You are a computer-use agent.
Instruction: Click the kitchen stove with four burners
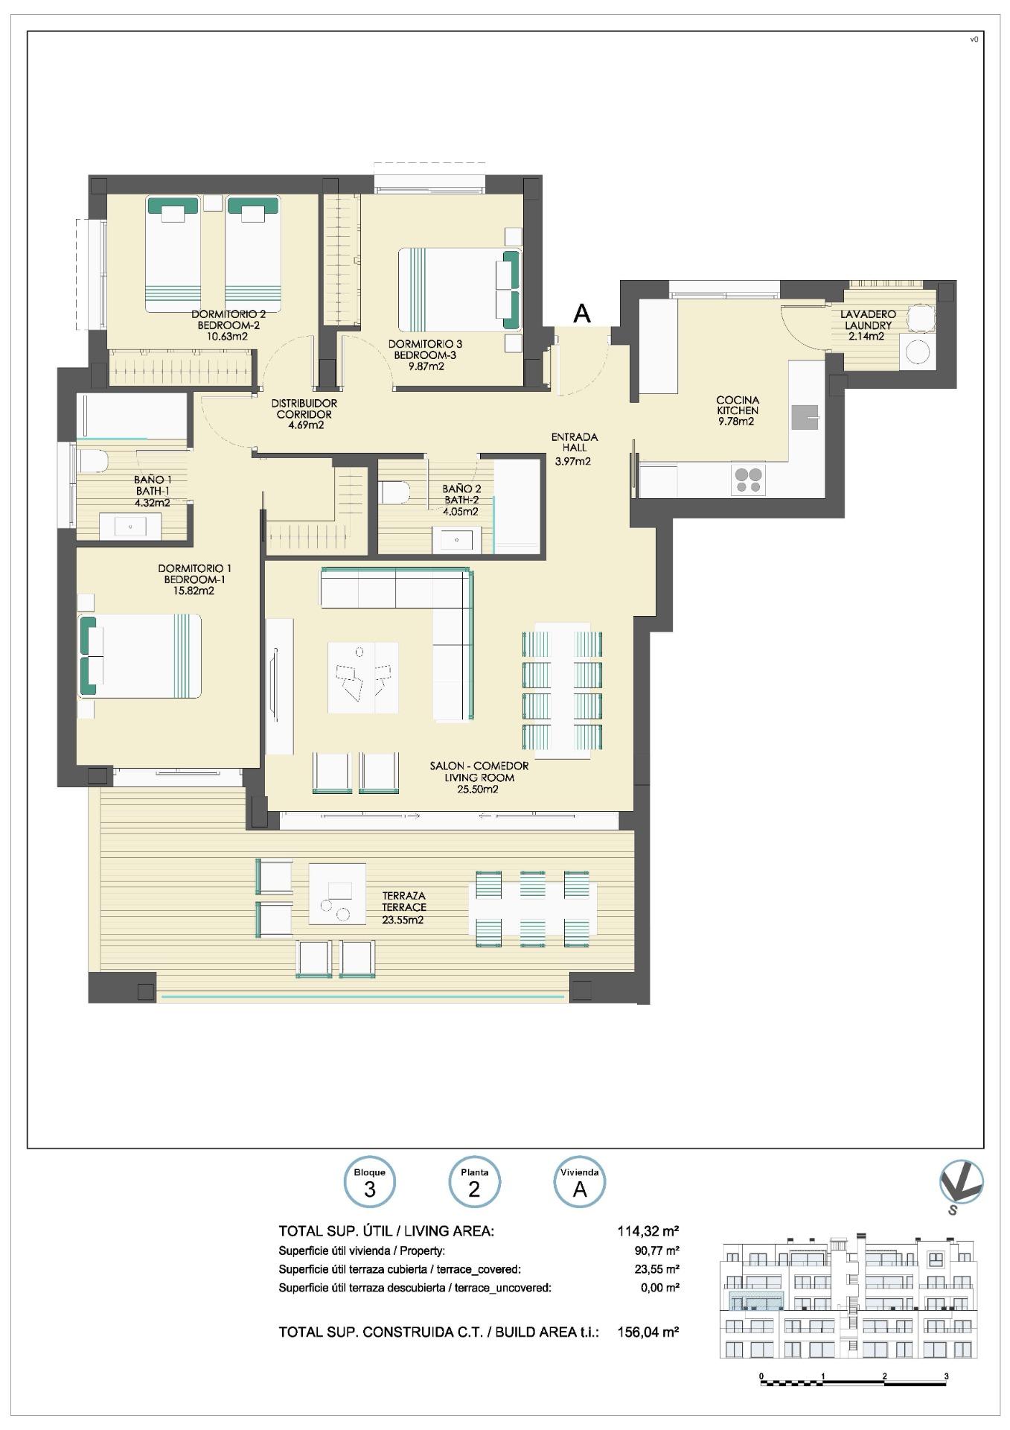pos(748,480)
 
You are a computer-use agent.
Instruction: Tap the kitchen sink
pos(805,418)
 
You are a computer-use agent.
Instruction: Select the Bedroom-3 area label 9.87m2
pos(426,366)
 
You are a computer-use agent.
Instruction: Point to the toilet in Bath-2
pos(395,493)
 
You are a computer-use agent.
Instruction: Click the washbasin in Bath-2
pos(456,539)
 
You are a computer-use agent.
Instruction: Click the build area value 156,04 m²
pos(648,1332)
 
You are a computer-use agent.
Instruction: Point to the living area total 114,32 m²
pos(648,1231)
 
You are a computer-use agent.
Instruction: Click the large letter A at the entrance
pos(582,314)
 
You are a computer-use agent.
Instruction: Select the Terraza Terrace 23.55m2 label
pos(404,907)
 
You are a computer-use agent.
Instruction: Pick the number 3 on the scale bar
pos(946,1376)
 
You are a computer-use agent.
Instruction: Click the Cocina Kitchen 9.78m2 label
pos(737,410)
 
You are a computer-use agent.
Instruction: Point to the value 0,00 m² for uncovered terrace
pos(659,1287)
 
